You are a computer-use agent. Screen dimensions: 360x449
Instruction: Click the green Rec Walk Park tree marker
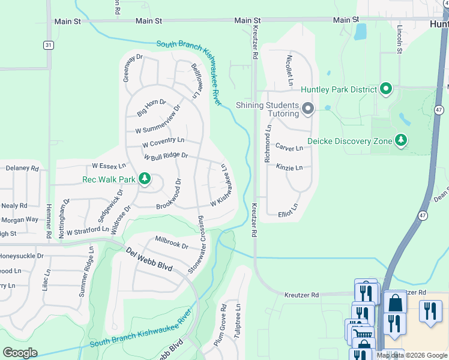[x=144, y=179]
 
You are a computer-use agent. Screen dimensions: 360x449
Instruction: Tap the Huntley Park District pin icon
[x=385, y=90]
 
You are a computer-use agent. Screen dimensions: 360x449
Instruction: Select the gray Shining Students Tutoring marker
[x=308, y=109]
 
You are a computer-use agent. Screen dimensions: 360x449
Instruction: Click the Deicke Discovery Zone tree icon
[x=400, y=141]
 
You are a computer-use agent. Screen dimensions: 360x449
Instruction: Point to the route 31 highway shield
[x=47, y=45]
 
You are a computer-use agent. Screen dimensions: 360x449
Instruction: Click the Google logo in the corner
[x=20, y=353]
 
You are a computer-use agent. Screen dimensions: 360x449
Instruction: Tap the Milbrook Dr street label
[x=172, y=242]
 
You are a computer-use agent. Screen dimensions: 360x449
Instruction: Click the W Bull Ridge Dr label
[x=166, y=156]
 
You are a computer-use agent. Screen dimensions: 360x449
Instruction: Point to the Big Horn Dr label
[x=151, y=108]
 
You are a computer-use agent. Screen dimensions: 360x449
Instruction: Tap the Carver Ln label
[x=289, y=147]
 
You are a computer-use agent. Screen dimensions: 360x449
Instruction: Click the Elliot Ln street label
[x=288, y=212]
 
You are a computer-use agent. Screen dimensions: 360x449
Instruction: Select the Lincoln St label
[x=399, y=39]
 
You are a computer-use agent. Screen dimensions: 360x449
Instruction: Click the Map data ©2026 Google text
[x=412, y=355]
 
